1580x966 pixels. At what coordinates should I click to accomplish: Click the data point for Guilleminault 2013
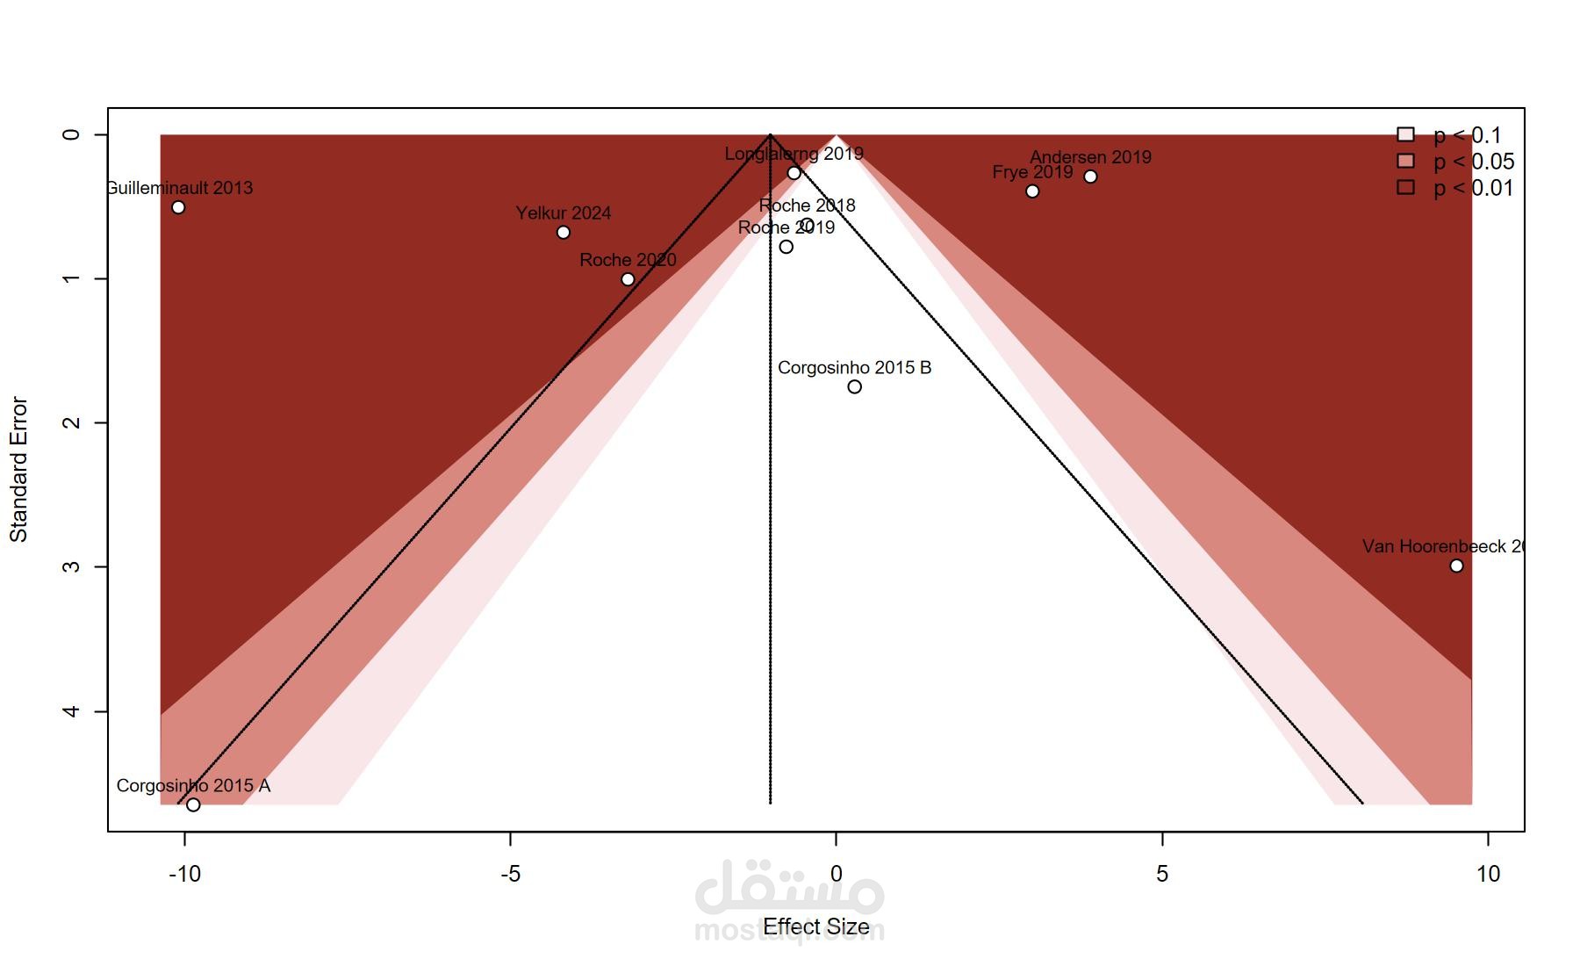(x=178, y=207)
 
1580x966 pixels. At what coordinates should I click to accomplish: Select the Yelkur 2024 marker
(x=564, y=233)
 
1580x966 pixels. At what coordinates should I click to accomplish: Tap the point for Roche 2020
(x=628, y=279)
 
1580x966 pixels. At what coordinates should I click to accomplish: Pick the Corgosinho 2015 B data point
(x=854, y=387)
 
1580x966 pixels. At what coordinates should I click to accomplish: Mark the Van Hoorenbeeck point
(x=1456, y=566)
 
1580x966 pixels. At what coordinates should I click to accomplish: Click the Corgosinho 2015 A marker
(x=193, y=804)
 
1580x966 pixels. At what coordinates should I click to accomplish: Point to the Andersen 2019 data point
(x=1090, y=177)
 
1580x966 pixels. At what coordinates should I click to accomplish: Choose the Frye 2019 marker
(x=1032, y=191)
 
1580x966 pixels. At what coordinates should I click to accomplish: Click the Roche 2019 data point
(x=786, y=247)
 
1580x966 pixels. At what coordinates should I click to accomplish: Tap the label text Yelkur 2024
(x=564, y=213)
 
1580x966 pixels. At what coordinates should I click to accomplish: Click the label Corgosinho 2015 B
(x=854, y=368)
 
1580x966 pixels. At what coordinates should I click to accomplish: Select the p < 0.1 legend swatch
(x=1405, y=134)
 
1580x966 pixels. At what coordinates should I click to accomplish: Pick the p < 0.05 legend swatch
(x=1405, y=161)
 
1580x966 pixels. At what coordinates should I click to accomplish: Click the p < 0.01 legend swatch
(x=1405, y=187)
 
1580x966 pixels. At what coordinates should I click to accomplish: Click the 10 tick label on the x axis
(x=1488, y=874)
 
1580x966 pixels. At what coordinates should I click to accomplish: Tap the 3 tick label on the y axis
(x=72, y=566)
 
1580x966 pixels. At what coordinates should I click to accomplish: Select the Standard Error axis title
(x=19, y=470)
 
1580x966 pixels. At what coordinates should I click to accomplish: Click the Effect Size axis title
(x=815, y=926)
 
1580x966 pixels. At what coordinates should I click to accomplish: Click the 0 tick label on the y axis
(x=72, y=134)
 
